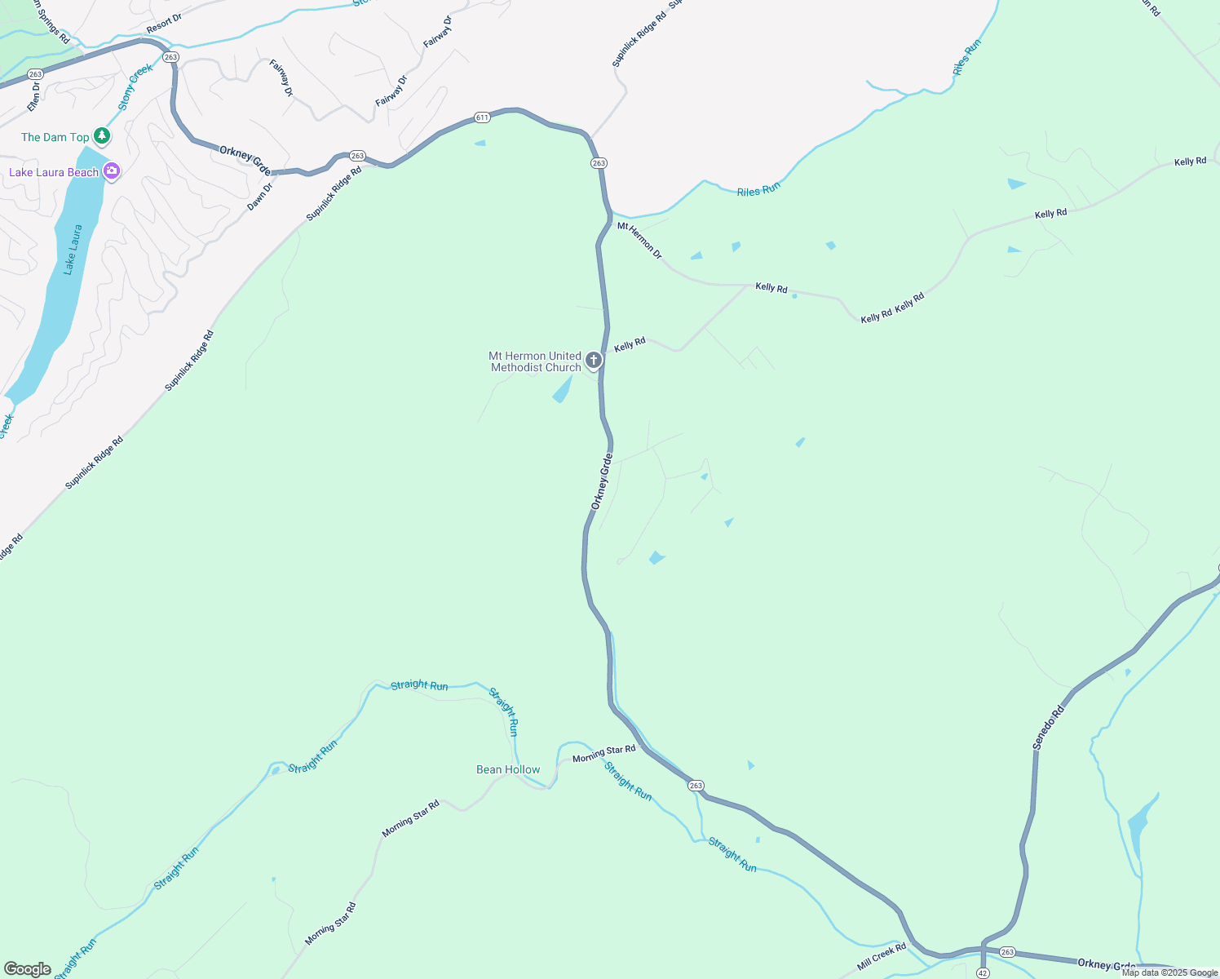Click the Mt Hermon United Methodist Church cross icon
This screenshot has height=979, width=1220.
[594, 360]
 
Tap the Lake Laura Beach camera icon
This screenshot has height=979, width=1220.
[112, 171]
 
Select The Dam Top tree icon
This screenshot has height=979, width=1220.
[102, 135]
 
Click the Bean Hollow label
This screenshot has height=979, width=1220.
[508, 769]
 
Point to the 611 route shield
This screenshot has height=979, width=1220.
[482, 117]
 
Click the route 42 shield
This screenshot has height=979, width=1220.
[983, 972]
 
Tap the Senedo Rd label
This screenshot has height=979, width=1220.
[1049, 727]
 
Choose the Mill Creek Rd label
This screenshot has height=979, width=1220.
[882, 957]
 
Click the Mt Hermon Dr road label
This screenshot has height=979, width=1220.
[640, 241]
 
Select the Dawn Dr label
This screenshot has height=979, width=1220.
[260, 197]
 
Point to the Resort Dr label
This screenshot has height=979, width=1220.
[164, 24]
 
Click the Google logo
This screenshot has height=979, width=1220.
[28, 969]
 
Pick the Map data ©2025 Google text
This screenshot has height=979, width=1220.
[1169, 972]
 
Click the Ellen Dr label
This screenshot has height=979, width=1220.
[33, 96]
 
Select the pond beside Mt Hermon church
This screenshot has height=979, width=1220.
[562, 391]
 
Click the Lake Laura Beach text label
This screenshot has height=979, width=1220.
[54, 172]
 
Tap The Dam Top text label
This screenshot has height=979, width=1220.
[55, 137]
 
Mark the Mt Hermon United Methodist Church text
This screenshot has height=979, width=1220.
[536, 361]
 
